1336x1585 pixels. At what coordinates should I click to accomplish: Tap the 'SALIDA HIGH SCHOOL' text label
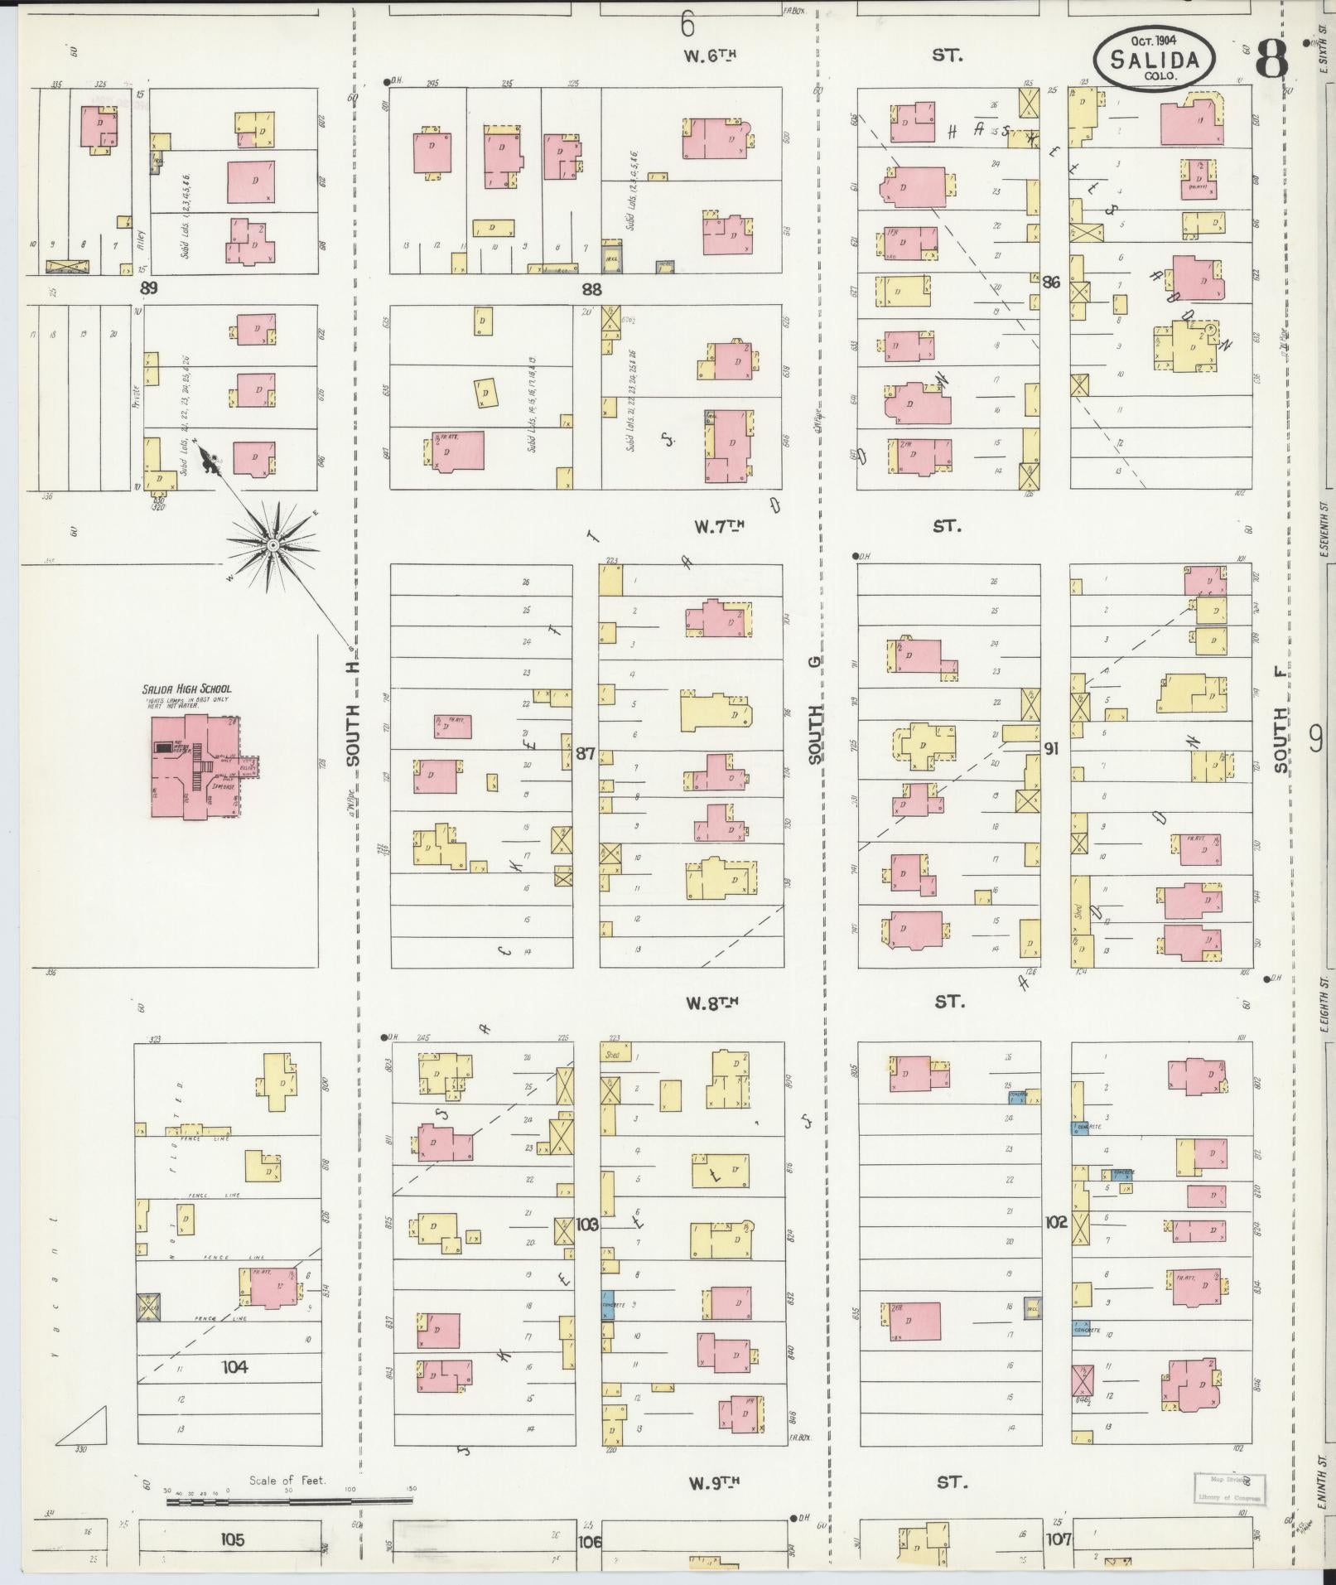pos(186,689)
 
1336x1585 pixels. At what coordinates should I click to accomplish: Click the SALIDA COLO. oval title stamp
pos(1154,57)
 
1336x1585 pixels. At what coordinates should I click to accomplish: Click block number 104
pos(234,1366)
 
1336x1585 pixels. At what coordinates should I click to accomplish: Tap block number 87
pos(586,753)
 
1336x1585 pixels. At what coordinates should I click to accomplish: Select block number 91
pos(1051,748)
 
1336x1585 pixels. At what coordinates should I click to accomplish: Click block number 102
pos(1055,1222)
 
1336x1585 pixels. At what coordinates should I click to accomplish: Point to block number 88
pos(591,289)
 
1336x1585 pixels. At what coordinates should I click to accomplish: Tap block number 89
pos(148,288)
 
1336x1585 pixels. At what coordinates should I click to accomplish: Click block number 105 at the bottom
pos(233,1539)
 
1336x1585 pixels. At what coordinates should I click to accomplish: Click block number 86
pos(1051,282)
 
